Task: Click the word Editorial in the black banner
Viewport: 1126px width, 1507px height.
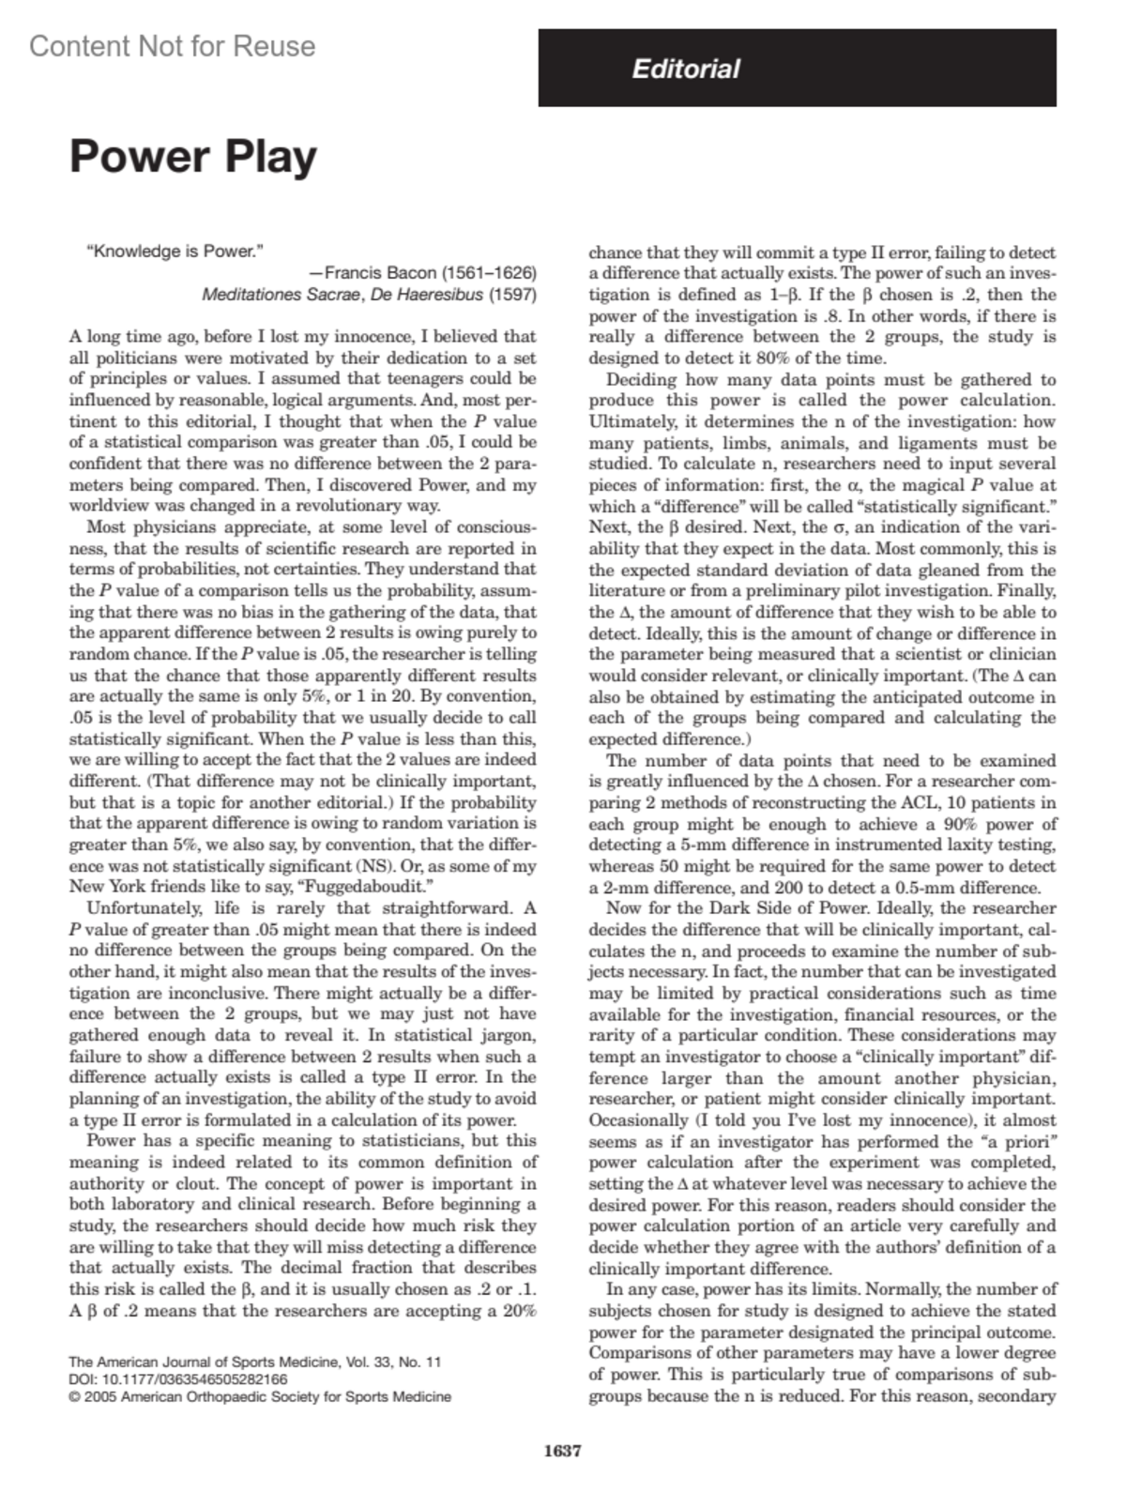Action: point(686,68)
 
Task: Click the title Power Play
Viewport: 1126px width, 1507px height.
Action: point(193,156)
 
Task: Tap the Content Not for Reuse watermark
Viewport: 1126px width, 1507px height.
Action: point(173,46)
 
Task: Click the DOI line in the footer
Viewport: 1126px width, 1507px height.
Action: point(178,1379)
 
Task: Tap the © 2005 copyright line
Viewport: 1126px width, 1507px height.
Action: point(260,1396)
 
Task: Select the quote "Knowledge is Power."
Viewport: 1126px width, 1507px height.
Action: point(175,251)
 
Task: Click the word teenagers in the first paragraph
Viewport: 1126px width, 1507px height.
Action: point(427,378)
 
